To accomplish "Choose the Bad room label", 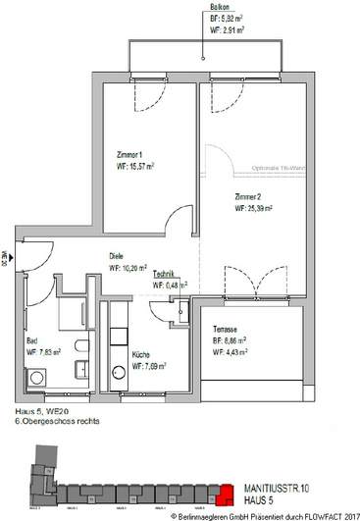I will coord(31,339).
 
